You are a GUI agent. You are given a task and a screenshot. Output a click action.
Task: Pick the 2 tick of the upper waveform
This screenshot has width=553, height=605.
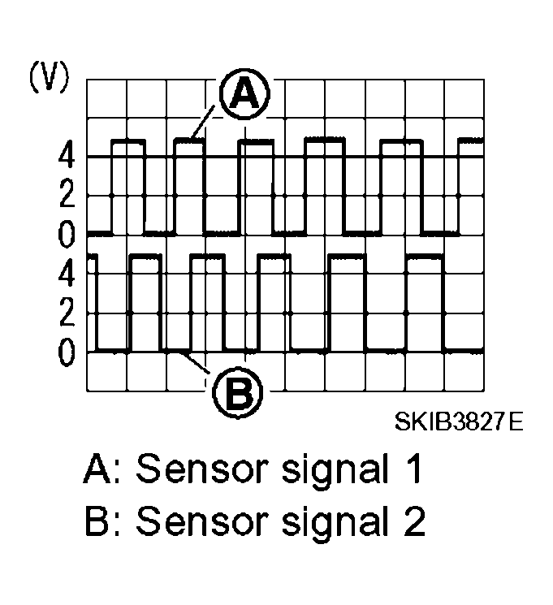(67, 196)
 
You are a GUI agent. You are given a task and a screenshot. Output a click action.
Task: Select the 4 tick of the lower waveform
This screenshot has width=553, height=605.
(67, 274)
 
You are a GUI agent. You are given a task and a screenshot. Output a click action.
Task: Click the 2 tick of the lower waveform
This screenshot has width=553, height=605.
(67, 313)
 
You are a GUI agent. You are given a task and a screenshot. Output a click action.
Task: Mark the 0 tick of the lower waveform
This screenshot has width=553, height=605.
(67, 352)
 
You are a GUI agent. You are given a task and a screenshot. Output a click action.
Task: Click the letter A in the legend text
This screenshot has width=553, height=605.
(97, 471)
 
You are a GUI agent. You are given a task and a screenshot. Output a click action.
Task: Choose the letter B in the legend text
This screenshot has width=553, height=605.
(97, 522)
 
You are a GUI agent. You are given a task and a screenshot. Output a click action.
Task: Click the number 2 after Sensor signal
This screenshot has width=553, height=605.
(413, 522)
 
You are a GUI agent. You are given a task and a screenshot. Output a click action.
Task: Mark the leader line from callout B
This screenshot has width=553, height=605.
(199, 365)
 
